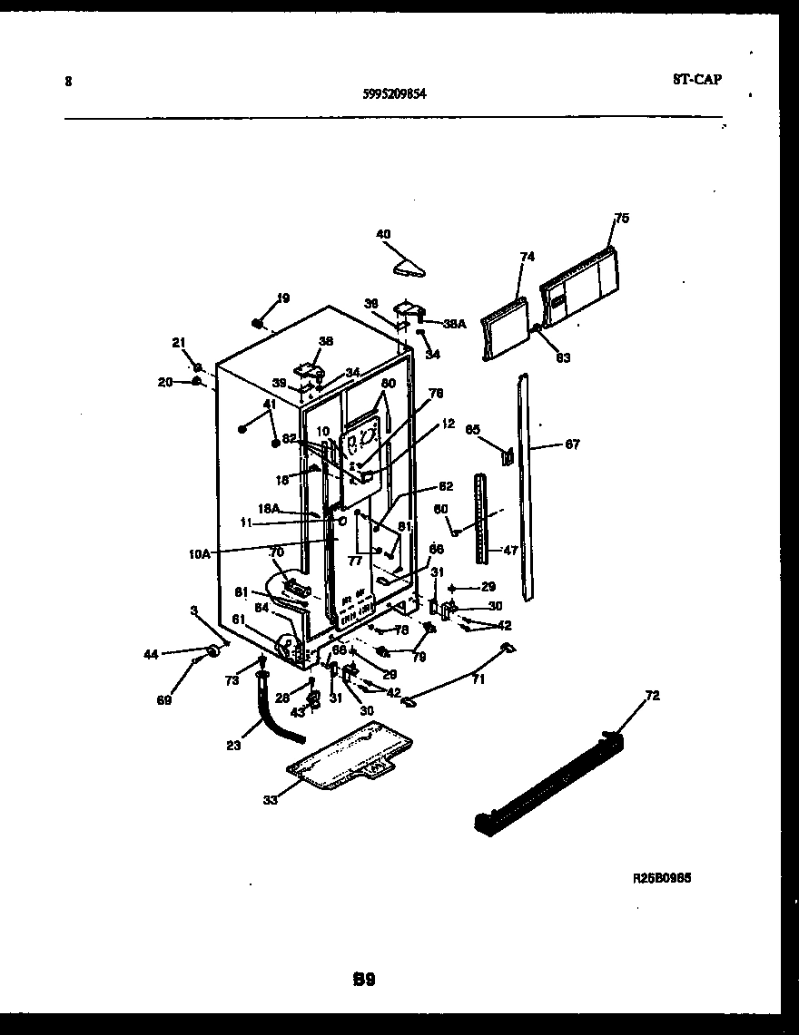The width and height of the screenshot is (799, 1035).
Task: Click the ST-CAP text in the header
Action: (697, 79)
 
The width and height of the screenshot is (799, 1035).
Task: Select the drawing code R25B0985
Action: (668, 878)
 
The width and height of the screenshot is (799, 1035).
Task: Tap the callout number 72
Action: (652, 696)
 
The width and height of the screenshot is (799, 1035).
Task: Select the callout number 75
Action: (621, 218)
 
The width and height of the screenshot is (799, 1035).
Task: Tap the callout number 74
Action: (528, 257)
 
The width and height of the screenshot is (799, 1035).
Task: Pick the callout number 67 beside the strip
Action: (572, 444)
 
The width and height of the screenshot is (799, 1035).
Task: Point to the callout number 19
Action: (283, 298)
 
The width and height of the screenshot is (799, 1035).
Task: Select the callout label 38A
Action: (453, 323)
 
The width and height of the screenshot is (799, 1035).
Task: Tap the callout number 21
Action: (178, 342)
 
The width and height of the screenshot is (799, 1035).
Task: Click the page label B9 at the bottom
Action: (364, 979)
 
